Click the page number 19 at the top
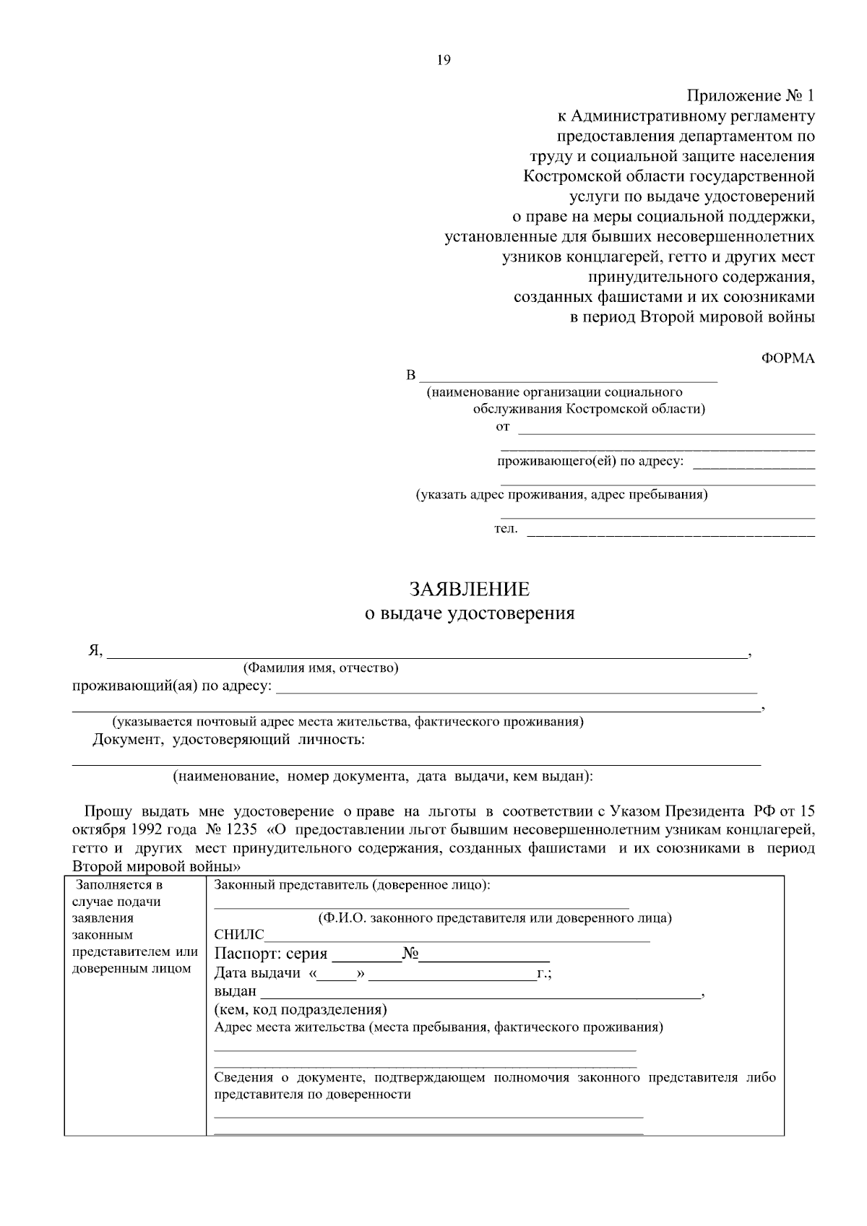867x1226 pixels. [444, 61]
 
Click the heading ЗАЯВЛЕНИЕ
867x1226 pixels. [470, 590]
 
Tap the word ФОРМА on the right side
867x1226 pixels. [788, 359]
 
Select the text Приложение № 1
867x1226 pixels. [751, 96]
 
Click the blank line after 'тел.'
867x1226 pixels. [671, 533]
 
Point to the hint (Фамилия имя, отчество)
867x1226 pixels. [321, 668]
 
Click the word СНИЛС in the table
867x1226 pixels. [239, 936]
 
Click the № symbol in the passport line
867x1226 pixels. [410, 954]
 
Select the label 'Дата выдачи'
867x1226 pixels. [257, 973]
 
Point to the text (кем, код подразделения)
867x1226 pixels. [301, 1009]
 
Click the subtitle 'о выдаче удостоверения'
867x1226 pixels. [470, 614]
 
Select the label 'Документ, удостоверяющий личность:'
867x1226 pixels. [228, 740]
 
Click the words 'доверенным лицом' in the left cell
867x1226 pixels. [131, 969]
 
